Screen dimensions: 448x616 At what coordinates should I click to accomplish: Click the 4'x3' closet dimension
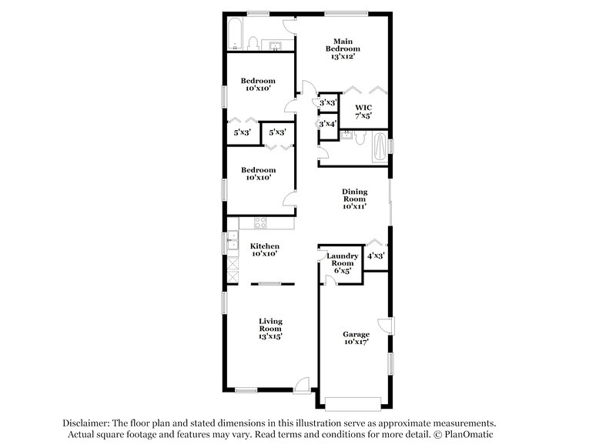375,256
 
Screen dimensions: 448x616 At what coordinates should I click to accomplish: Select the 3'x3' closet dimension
328,102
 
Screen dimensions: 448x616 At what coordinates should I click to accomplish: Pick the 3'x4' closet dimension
328,124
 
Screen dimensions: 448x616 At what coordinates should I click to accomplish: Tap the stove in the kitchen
260,223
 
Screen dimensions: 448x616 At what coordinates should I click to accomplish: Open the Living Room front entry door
302,383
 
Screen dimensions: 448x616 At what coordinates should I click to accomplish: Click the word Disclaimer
86,423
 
